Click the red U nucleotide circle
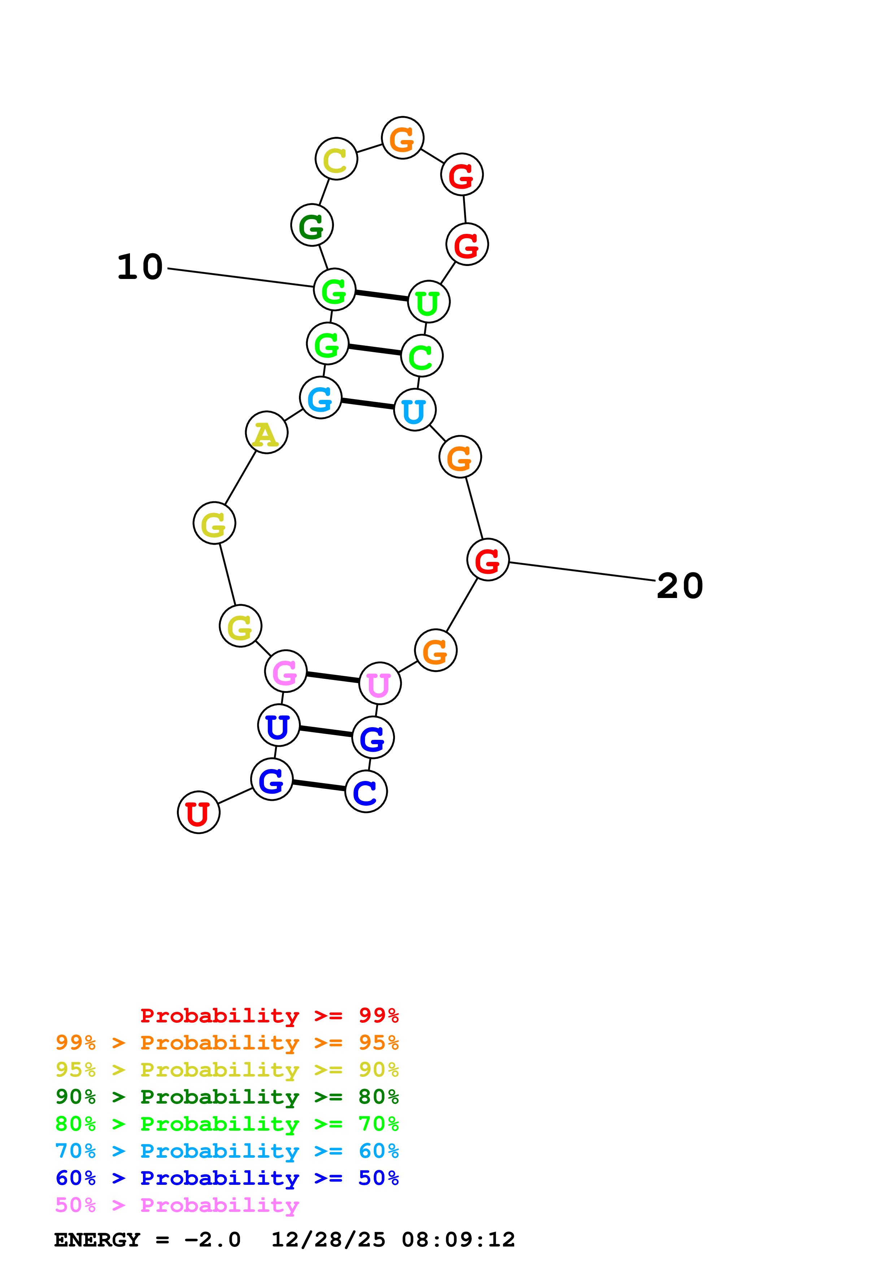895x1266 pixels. (x=199, y=812)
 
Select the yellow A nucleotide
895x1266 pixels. (x=266, y=432)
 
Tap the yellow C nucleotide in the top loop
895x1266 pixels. (x=336, y=159)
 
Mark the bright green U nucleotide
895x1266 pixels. (x=429, y=302)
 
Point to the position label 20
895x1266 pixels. (x=680, y=586)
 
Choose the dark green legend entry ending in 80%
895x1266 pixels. (x=227, y=1097)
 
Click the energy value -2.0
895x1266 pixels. (x=213, y=1240)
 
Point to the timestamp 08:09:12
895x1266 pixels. (x=458, y=1240)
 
